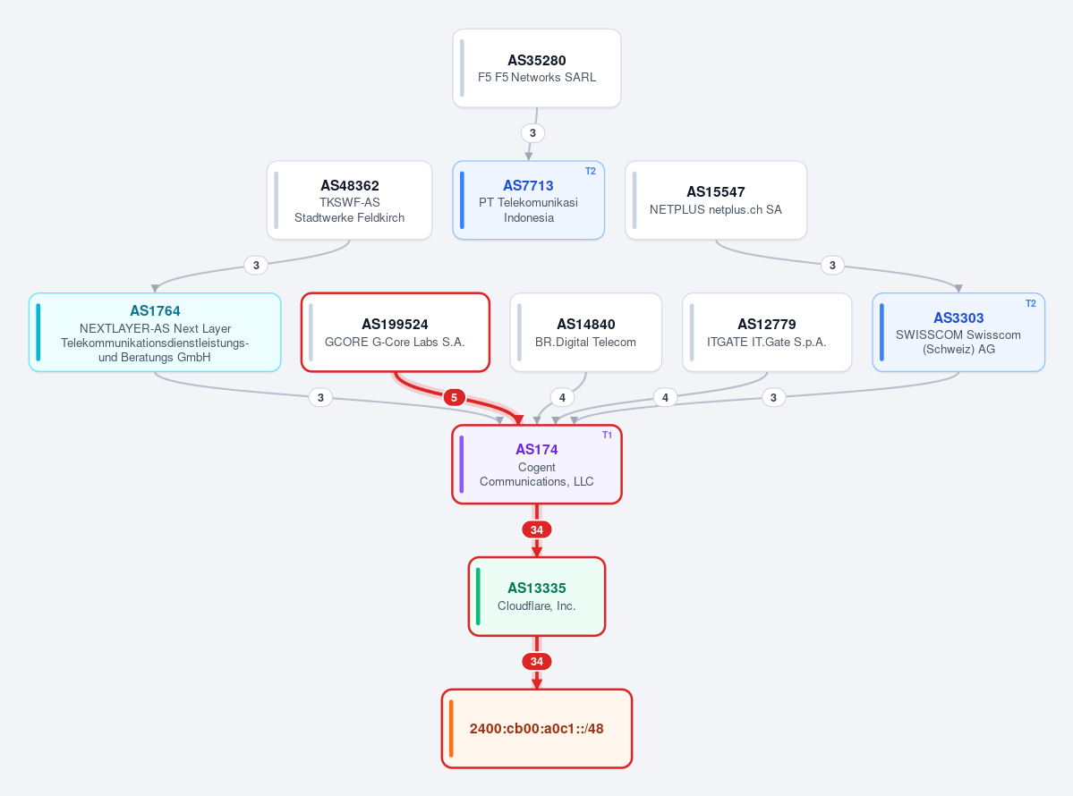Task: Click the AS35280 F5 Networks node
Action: (x=537, y=68)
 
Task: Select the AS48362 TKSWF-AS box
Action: (x=349, y=200)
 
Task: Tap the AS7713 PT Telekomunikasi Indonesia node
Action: (x=528, y=200)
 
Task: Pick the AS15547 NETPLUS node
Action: (x=716, y=200)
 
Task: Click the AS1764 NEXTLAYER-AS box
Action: (x=155, y=333)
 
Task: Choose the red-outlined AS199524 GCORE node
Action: (x=396, y=333)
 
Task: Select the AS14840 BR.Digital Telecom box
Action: (x=586, y=333)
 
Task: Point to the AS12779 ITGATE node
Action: (x=767, y=333)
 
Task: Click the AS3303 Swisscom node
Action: (x=958, y=333)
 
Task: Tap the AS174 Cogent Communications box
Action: (x=537, y=464)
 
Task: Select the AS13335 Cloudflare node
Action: (x=537, y=597)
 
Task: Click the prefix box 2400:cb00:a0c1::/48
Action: (x=537, y=728)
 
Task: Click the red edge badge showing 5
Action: (x=454, y=397)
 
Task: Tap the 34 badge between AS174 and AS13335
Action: (x=537, y=530)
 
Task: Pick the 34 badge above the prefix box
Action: (x=537, y=661)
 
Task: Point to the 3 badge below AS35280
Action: (x=532, y=132)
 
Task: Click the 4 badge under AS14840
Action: (x=562, y=397)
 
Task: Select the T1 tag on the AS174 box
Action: (x=607, y=435)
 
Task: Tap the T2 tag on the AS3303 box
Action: (x=1031, y=303)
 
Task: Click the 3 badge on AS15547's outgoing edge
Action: (x=832, y=266)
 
